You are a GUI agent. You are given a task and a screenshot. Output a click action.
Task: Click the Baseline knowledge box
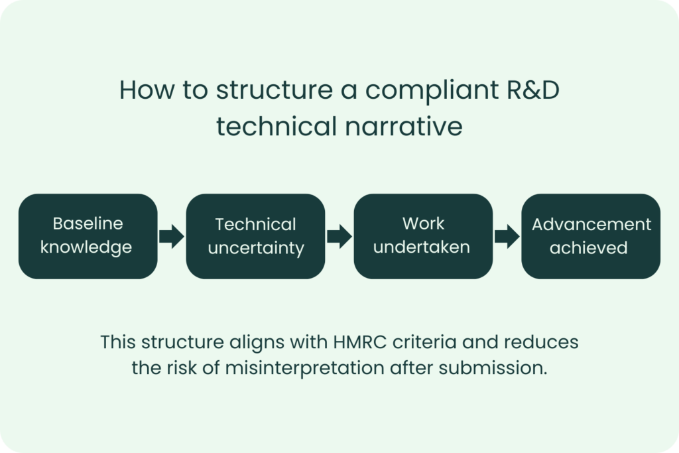(x=88, y=236)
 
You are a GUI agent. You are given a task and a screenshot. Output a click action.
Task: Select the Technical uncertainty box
(x=255, y=236)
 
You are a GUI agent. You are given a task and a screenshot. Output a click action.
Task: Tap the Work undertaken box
(x=423, y=236)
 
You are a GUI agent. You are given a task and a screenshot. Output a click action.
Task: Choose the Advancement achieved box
(x=591, y=236)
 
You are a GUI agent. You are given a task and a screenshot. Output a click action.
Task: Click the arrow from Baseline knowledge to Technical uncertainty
(x=172, y=236)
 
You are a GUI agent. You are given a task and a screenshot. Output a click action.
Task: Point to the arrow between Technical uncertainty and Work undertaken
(x=339, y=236)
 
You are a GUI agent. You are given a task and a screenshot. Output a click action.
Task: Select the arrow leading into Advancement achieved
(x=507, y=236)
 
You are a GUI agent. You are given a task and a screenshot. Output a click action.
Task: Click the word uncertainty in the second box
(x=255, y=249)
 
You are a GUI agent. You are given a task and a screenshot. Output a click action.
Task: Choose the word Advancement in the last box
(x=591, y=224)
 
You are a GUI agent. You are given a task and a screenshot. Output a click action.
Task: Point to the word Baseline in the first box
(x=88, y=224)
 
